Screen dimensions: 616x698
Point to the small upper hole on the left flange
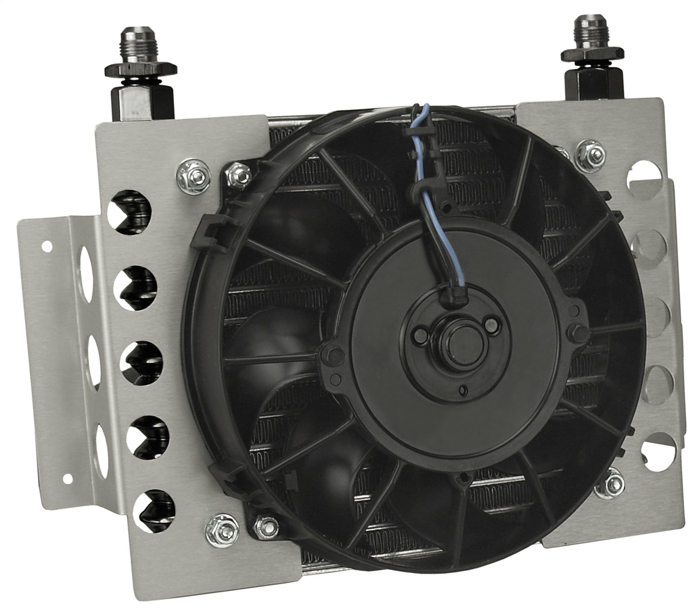[46, 244]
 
